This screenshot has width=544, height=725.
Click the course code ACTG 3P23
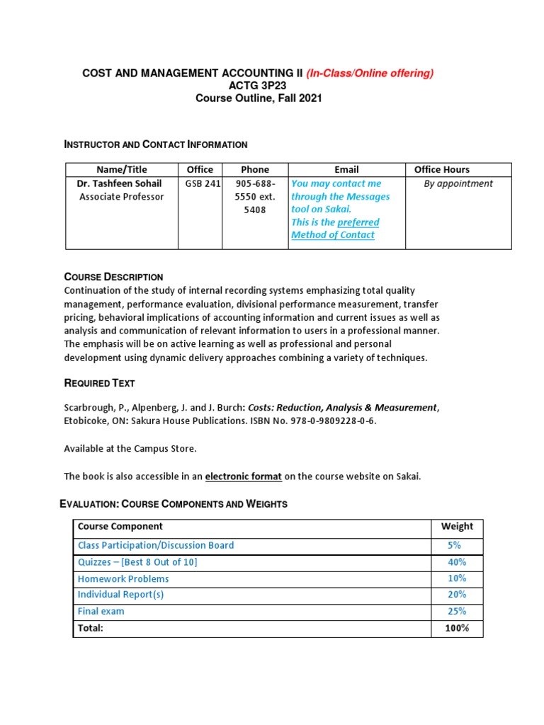point(259,86)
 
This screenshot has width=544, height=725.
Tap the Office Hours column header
point(442,169)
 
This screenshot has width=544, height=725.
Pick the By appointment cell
point(458,183)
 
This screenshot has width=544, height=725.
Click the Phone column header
point(255,169)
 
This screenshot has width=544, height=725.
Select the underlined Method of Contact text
point(333,235)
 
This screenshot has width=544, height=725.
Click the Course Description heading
point(113,277)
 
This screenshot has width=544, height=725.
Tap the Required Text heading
point(99,383)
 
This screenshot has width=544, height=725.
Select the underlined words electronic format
point(243,476)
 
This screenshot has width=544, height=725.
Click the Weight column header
point(457,526)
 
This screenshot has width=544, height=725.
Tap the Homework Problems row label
point(123,578)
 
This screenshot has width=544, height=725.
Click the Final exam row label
point(101,611)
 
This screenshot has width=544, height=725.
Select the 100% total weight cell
point(457,628)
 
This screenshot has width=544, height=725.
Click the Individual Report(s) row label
point(120,595)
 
